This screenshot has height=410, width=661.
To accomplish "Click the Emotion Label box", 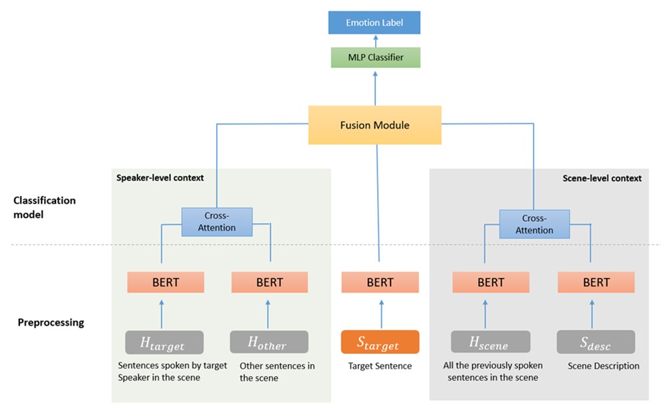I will (374, 23).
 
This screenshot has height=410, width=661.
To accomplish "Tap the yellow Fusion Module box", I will (375, 125).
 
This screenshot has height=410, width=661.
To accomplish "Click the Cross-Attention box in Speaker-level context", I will (217, 221).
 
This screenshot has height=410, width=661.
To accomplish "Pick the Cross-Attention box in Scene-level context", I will (534, 224).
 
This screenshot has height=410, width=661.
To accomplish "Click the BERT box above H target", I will (165, 282).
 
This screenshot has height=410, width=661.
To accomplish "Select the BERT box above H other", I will (269, 282).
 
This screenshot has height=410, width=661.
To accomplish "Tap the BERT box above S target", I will (379, 282).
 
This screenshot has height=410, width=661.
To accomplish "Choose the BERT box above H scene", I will (490, 282).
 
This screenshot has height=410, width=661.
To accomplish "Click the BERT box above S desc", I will (596, 282).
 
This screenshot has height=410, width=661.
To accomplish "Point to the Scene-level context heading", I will (603, 178).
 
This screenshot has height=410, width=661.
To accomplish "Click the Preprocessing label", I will (51, 323).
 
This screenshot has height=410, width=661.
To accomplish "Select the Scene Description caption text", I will (604, 366).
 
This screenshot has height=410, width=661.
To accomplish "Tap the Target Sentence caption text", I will (380, 366).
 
